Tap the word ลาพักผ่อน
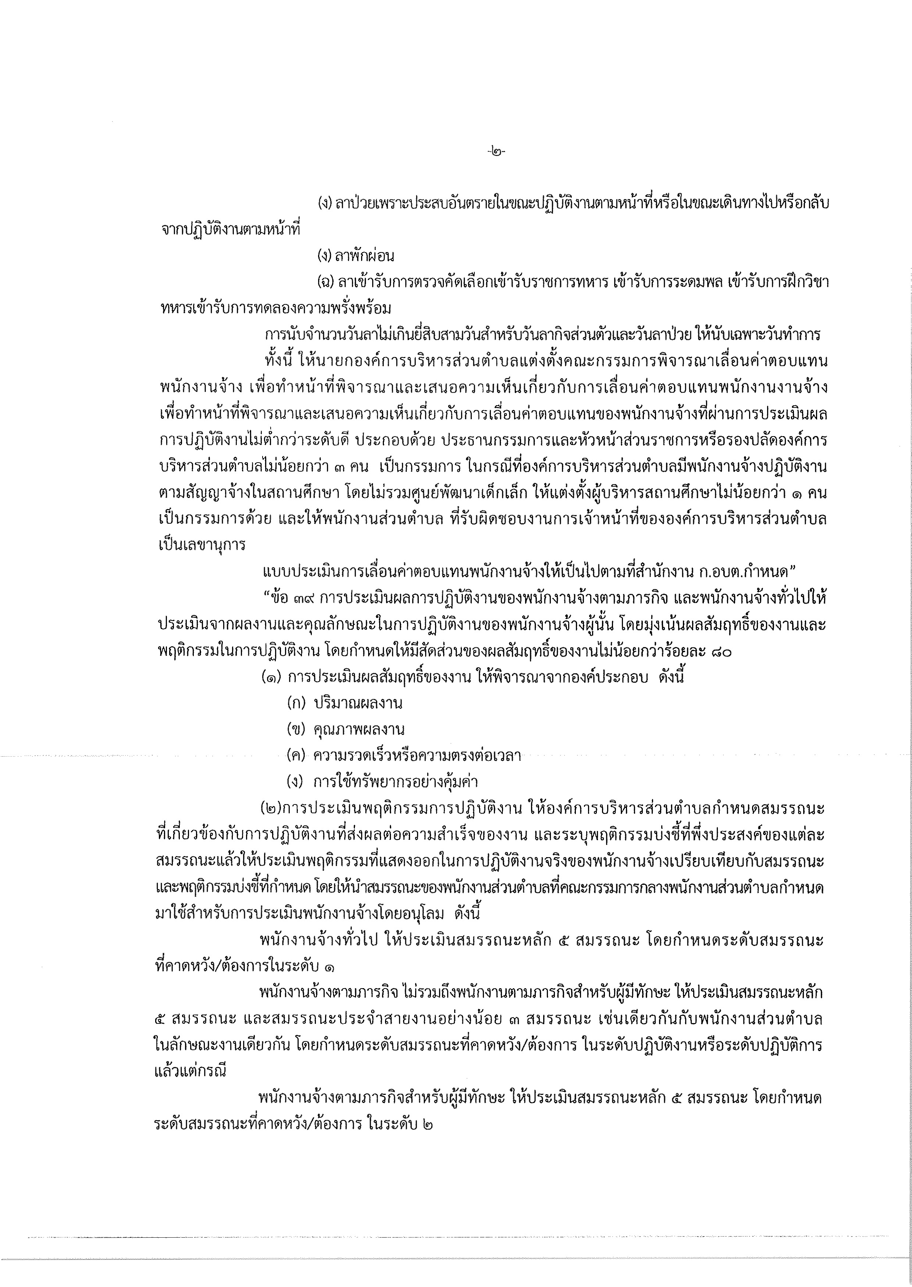pos(364,256)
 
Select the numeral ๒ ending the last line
pos(428,1124)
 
